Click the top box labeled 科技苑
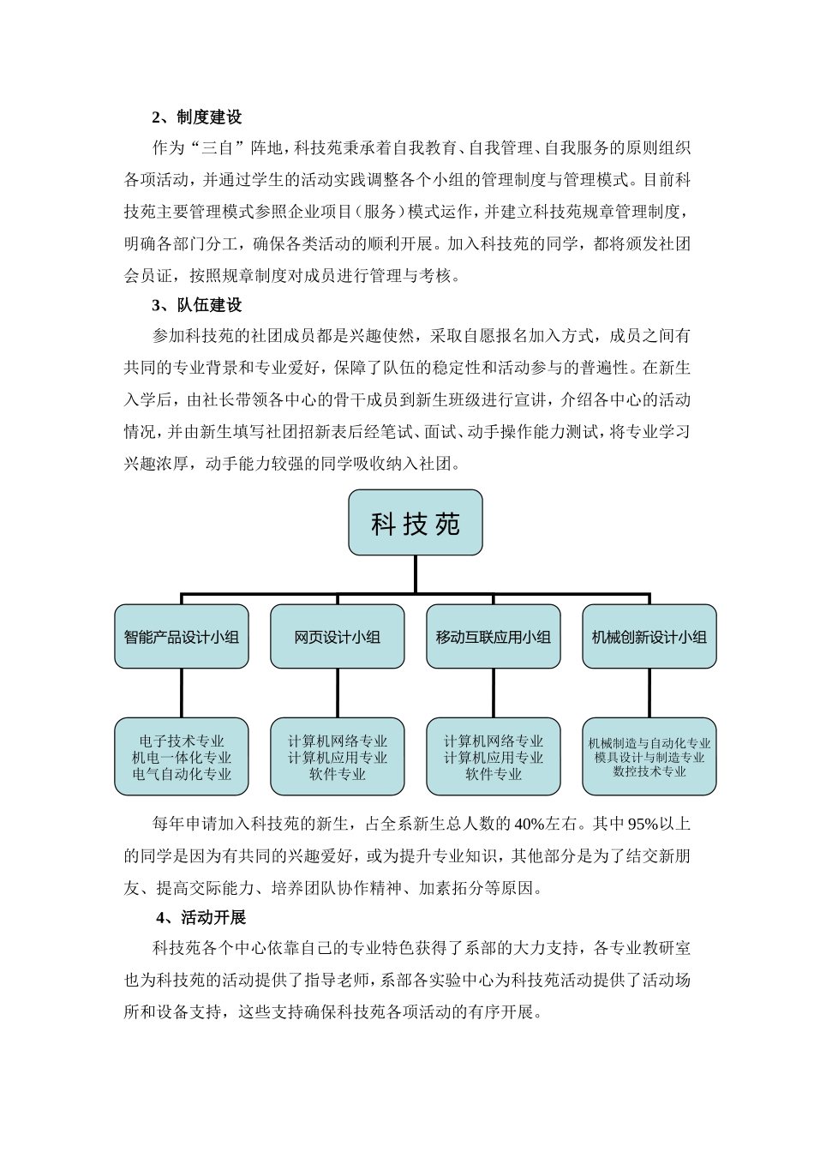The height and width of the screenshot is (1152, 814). pos(416,523)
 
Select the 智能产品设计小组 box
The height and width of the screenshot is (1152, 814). pos(182,637)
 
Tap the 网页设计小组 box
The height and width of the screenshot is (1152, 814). pos(338,637)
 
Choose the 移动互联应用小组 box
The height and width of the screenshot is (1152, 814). pos(494,637)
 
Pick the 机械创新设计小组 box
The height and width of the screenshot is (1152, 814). pos(649,637)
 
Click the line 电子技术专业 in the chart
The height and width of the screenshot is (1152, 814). pos(182,741)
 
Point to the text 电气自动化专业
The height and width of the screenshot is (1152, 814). pos(182,774)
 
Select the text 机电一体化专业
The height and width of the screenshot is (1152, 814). pos(182,758)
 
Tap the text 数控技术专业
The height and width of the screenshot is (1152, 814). pos(649,771)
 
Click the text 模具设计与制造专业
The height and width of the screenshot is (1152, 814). pos(649,758)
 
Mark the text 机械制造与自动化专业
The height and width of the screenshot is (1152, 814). pos(649,744)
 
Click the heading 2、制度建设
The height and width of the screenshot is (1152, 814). pos(197,117)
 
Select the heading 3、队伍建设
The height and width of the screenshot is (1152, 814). pos(197,305)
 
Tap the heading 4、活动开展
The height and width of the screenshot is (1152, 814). pos(201,918)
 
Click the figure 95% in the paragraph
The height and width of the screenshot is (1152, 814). pos(643,825)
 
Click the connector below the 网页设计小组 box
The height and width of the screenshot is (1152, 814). pos(338,693)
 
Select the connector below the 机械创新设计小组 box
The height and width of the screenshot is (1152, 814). pos(649,693)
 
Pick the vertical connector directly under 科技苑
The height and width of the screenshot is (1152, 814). pos(416,573)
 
